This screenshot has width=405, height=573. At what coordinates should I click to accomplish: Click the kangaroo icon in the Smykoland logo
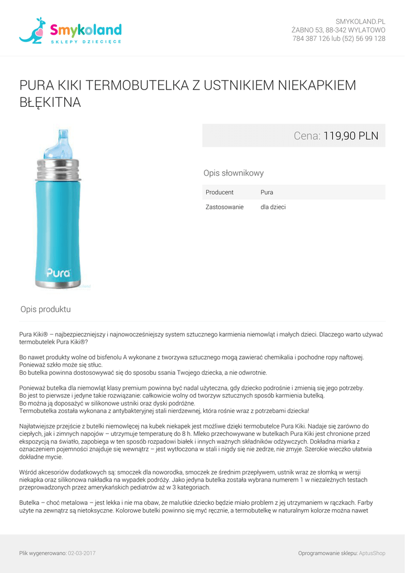coord(33,31)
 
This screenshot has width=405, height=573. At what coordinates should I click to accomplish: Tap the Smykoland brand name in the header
coord(85,30)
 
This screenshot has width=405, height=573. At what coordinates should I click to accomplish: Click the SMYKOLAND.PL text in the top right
coord(360,21)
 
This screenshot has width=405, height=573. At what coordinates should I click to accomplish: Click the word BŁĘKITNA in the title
coord(50,103)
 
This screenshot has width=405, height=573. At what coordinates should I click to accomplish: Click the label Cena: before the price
coord(307,135)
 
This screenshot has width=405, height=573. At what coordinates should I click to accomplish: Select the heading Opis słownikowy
coord(234,173)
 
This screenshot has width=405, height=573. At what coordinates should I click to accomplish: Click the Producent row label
coord(220,192)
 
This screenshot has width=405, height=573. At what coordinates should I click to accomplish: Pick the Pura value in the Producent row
coord(267,192)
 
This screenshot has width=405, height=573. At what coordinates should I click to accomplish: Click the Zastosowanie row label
coord(225,207)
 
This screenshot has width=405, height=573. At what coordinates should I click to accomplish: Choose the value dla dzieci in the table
coord(273,207)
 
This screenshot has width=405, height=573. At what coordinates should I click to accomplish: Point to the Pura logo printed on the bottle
coord(58,274)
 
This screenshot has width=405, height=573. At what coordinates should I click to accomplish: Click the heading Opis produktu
coord(46,309)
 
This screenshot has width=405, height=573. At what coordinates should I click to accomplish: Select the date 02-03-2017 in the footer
coord(82,553)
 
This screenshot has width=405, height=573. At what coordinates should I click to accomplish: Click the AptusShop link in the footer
coord(372,553)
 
